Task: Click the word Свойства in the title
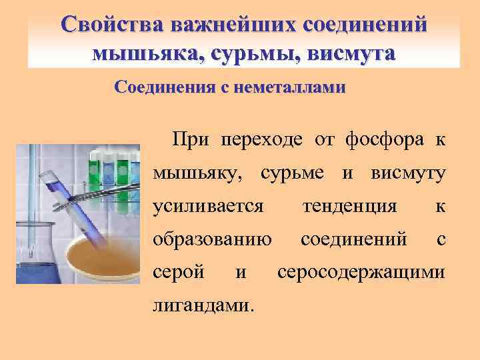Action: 110,25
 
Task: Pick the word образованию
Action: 211,239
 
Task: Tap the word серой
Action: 175,272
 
